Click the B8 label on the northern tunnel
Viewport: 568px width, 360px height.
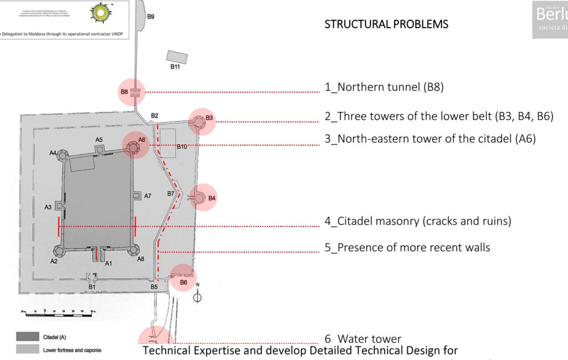(x=124, y=92)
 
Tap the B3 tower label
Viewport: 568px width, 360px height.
(x=209, y=118)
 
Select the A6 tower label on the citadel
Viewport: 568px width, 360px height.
(x=141, y=140)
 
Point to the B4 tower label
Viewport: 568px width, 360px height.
(x=212, y=198)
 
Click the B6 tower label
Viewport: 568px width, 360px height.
(x=184, y=282)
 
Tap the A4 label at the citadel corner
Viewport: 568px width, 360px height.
(x=53, y=153)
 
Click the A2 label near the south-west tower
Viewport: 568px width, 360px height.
(x=54, y=261)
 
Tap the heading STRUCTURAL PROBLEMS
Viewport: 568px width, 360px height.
(x=386, y=24)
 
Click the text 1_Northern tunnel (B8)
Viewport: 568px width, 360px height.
(x=384, y=87)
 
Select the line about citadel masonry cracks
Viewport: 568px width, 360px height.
(x=418, y=221)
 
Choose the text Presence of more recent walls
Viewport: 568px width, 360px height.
(x=407, y=247)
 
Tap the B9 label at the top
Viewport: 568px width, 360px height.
(x=150, y=17)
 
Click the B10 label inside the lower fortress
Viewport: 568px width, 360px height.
(x=182, y=147)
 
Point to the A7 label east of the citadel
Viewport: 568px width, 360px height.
(x=148, y=196)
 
